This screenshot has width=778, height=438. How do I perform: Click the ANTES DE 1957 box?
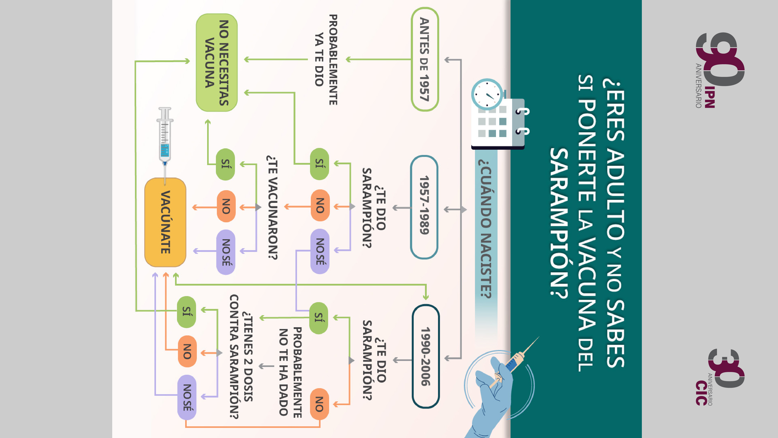[425, 59]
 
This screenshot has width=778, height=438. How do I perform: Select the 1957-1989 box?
[424, 207]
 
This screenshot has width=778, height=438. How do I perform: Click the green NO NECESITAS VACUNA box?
[216, 62]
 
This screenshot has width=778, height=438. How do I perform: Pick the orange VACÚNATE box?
[165, 222]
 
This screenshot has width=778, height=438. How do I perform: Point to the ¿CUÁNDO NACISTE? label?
[486, 228]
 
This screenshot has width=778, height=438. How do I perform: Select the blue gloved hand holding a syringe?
[495, 390]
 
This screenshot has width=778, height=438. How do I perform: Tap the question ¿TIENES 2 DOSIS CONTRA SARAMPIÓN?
[241, 356]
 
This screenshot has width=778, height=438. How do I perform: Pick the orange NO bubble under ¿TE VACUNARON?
[226, 206]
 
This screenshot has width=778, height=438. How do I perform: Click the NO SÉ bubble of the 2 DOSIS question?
[187, 397]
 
